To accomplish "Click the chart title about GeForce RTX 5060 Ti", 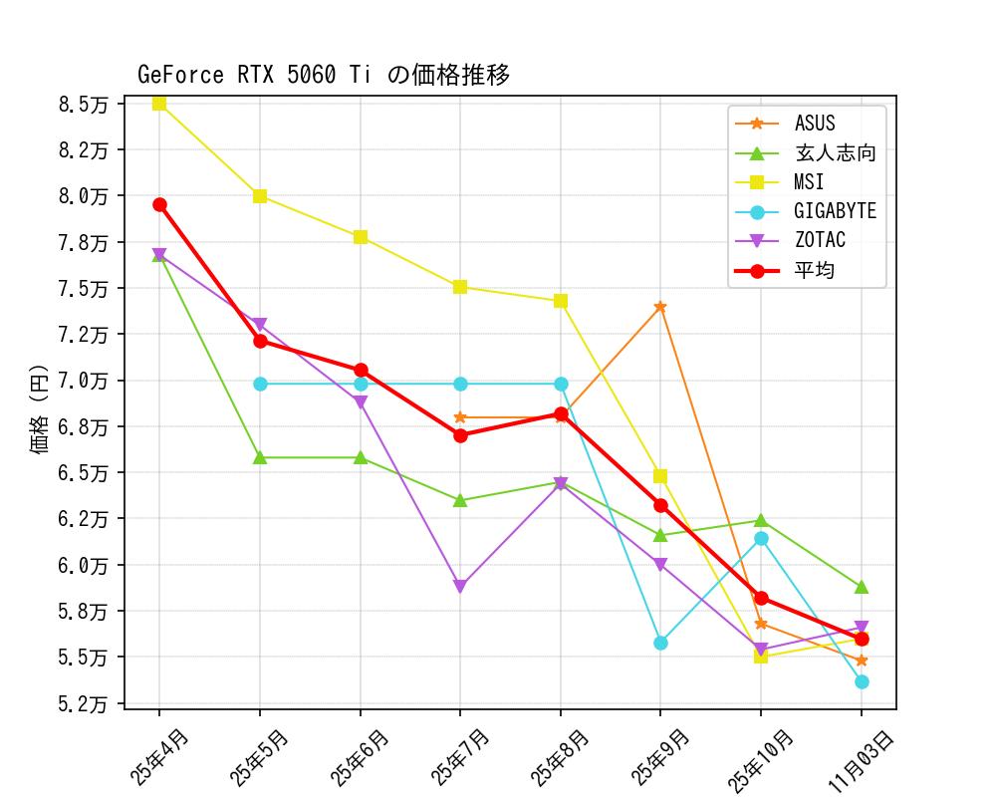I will coord(324,76).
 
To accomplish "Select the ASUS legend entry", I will coord(815,125).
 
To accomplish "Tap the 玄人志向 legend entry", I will coord(835,153).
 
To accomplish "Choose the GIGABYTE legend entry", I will coord(835,212).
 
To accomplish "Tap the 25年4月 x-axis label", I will coord(159,757).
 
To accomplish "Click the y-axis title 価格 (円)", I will coord(40,408).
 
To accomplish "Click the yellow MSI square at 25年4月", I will coord(159,104).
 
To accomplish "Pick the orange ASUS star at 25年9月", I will coord(660,307).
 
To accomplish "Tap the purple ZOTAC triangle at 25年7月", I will coord(460,587).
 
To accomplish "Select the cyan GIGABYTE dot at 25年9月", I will coord(660,643).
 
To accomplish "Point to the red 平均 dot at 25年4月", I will coord(159,204).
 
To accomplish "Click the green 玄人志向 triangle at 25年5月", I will coord(260,457).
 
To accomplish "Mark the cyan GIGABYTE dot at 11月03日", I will coord(862,681).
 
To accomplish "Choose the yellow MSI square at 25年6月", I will coord(361,237).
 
